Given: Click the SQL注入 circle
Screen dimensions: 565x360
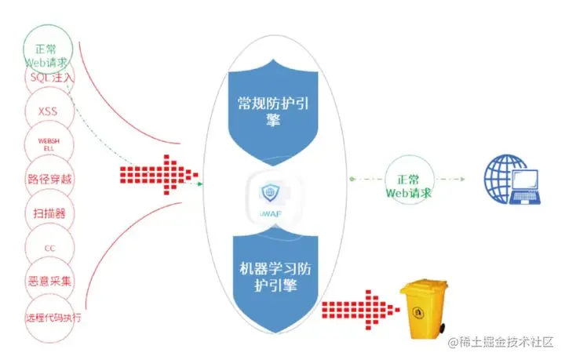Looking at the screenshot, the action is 50,78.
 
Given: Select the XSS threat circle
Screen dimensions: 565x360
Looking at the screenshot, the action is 48,111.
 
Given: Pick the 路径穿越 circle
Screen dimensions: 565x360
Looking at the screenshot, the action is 49,179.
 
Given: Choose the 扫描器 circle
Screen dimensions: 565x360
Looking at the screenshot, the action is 49,213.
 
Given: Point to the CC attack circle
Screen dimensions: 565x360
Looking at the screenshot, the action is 49,247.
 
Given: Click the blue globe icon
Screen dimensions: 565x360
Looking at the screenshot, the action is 500,174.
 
